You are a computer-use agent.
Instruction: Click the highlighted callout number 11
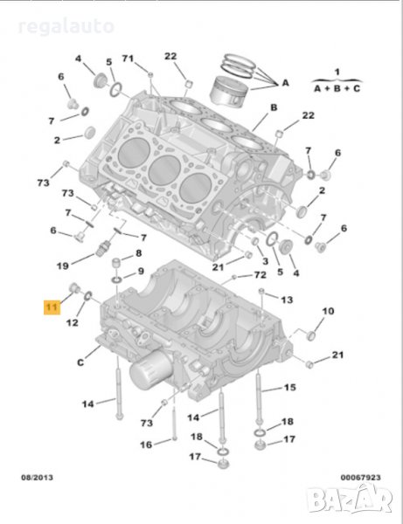click(x=52, y=307)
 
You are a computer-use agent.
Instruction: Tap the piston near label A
click(x=229, y=92)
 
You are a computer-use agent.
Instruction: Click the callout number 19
click(x=63, y=265)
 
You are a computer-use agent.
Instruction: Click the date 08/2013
click(x=37, y=477)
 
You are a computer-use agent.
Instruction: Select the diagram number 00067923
click(x=360, y=478)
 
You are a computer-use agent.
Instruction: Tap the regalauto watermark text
click(x=66, y=26)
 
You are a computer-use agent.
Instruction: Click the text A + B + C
click(x=337, y=88)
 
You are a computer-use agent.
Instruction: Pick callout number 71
click(x=128, y=59)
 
